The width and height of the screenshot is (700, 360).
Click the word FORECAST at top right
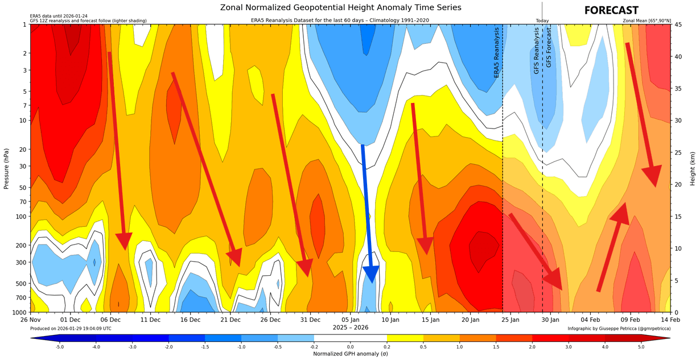611,11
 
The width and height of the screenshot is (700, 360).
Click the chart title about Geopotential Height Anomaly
341,7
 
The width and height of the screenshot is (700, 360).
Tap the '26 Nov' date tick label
30,320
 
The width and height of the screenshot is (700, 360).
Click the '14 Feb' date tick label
670,320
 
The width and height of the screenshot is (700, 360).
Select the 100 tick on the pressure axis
22,217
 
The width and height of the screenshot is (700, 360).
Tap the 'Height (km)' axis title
693,168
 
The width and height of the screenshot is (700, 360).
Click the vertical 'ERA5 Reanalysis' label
497,52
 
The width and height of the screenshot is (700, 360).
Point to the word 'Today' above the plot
542,21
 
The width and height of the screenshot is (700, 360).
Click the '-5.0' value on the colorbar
59,346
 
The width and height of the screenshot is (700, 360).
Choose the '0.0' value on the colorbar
350,346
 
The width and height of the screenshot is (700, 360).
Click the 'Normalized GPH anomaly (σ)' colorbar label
350,354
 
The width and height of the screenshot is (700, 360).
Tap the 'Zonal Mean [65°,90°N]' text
647,21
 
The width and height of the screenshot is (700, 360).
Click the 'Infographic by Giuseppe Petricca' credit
619,329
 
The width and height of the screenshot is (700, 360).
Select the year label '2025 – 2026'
351,327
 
